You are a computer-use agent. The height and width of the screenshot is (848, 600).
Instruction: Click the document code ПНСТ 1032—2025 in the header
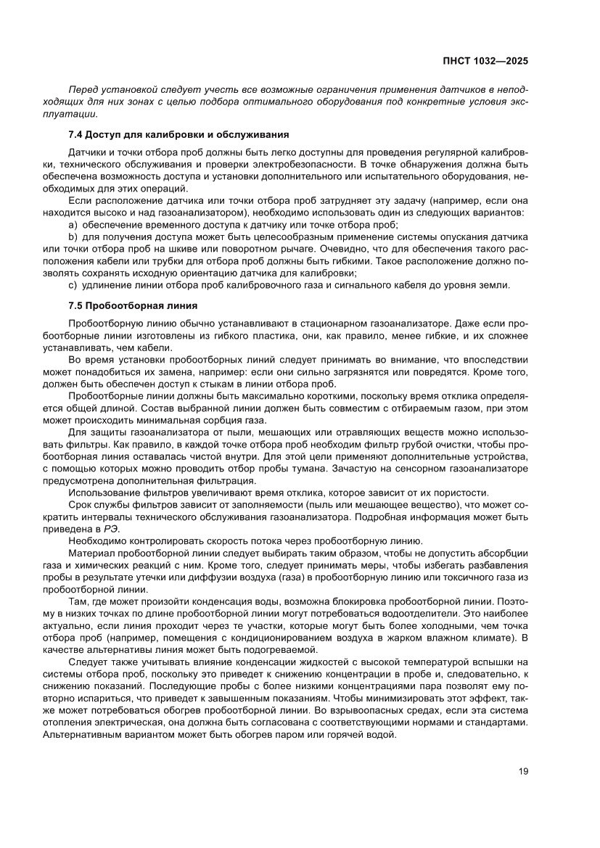[x=485, y=60]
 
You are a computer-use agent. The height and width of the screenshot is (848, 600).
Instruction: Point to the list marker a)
[x=73, y=225]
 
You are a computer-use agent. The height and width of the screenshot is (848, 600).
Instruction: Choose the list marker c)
[x=73, y=284]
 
